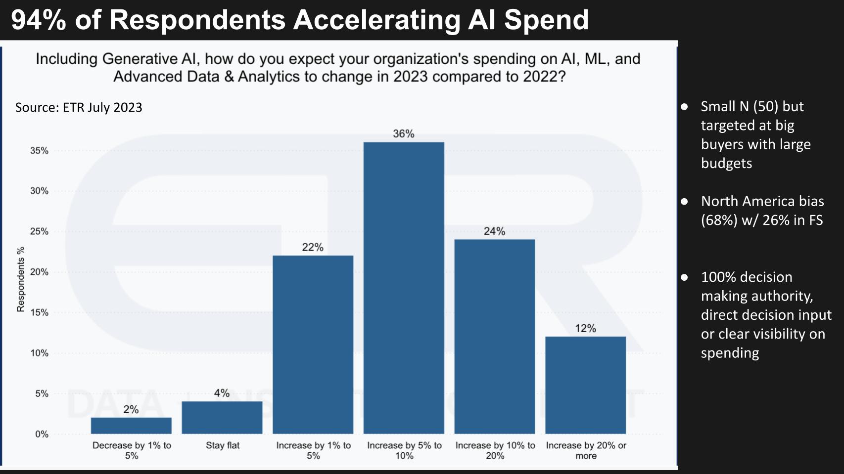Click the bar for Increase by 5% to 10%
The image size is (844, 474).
point(404,288)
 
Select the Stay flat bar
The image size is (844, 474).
point(222,418)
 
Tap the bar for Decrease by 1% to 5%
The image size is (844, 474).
point(131,426)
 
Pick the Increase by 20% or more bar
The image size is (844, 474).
point(585,385)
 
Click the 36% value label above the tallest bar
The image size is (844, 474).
point(404,134)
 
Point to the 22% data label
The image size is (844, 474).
point(313,247)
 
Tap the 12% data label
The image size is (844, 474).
point(585,329)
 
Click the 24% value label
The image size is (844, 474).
point(494,231)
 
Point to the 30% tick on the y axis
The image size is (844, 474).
point(39,191)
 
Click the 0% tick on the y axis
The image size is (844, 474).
point(42,434)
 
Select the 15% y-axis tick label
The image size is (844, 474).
point(39,312)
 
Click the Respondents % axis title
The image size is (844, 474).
point(21,279)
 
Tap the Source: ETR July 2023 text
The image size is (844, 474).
point(79,107)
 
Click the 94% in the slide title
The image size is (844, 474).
point(39,20)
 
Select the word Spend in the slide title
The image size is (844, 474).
point(546,20)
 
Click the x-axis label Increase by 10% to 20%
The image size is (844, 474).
point(495,450)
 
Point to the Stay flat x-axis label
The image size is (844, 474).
point(223,445)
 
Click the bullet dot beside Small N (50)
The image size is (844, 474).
point(685,106)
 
